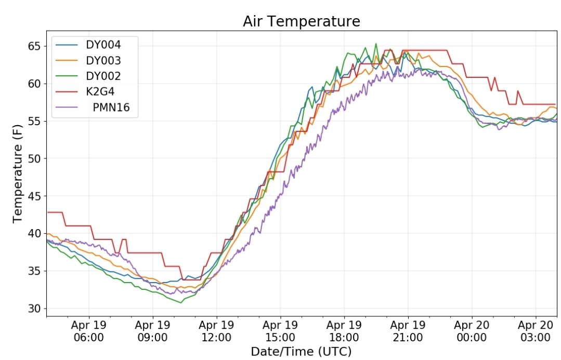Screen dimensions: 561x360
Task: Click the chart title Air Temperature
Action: (301, 21)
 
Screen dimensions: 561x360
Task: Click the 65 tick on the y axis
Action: (34, 46)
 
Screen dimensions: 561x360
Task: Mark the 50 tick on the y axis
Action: (34, 159)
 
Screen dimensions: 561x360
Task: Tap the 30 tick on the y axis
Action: (34, 309)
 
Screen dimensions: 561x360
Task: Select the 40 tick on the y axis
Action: (34, 233)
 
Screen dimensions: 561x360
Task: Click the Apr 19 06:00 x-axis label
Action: (89, 331)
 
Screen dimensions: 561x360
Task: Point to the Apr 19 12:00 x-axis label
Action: (216, 331)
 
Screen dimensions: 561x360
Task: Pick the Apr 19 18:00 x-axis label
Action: (344, 331)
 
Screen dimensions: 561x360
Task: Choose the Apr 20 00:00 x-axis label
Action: (472, 331)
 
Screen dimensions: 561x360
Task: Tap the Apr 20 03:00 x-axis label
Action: (536, 331)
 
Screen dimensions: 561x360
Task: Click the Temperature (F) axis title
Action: (18, 174)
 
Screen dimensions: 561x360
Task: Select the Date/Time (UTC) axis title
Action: (301, 352)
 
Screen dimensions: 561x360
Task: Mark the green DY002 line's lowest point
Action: (181, 303)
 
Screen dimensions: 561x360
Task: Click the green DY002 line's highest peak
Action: (376, 44)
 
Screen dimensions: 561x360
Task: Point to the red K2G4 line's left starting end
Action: (48, 212)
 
